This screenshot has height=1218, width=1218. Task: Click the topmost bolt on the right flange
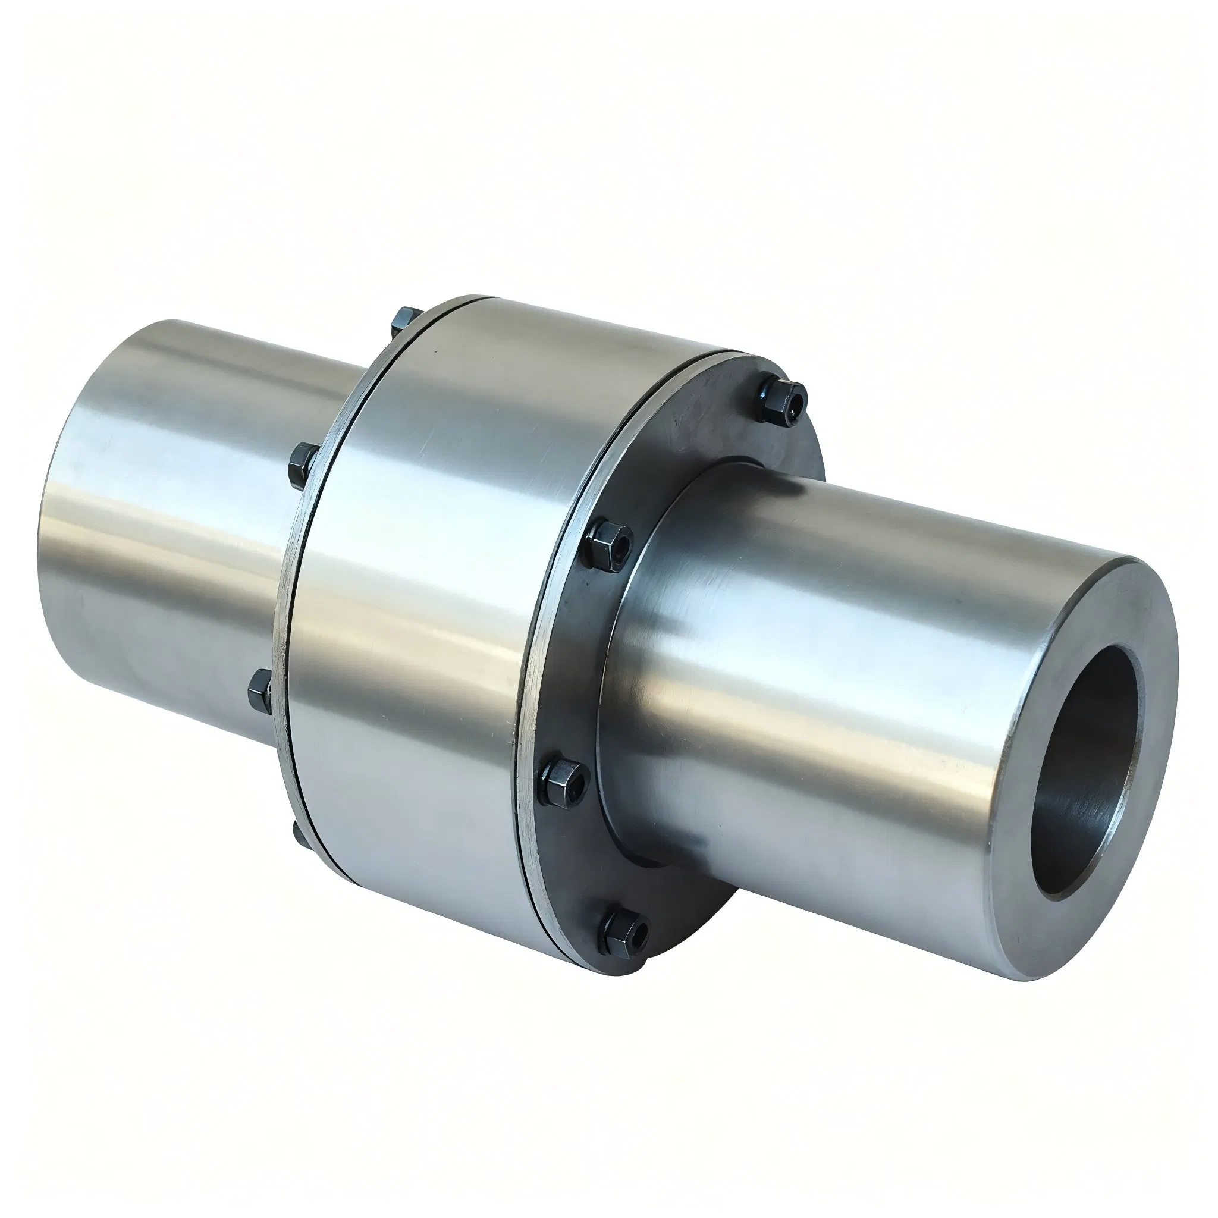[x=781, y=400]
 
